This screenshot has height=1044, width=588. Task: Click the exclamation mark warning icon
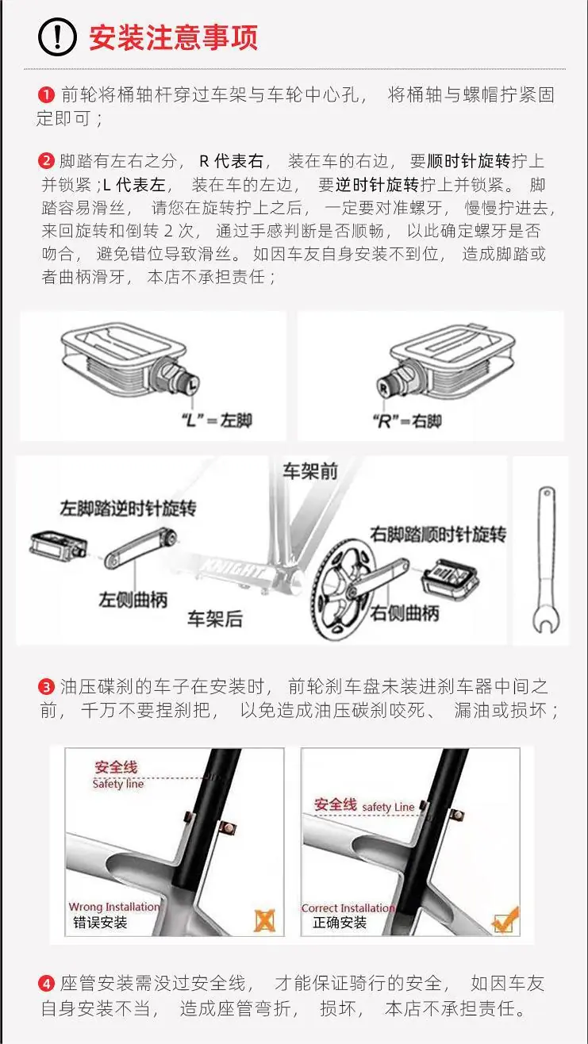(x=57, y=37)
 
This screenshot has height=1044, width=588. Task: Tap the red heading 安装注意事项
(x=173, y=37)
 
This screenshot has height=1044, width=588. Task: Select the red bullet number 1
(x=46, y=95)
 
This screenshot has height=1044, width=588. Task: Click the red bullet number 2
(x=46, y=161)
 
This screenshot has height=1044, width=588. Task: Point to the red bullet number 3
(x=46, y=686)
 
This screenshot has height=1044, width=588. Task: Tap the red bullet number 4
(x=46, y=984)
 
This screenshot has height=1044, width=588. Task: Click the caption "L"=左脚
(x=217, y=420)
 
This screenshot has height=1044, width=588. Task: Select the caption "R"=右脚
(x=407, y=421)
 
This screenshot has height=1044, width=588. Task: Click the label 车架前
(x=310, y=472)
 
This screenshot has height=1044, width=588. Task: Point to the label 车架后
(x=215, y=619)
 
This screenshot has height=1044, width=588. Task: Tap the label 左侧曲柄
(x=133, y=600)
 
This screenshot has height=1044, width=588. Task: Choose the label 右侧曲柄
(x=405, y=613)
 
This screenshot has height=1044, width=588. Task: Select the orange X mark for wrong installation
(x=265, y=921)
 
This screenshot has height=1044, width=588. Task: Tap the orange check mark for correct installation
(x=505, y=919)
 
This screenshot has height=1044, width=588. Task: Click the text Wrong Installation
(x=114, y=907)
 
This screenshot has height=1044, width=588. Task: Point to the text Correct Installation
(x=348, y=908)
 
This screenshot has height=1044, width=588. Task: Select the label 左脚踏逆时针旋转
(x=128, y=509)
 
